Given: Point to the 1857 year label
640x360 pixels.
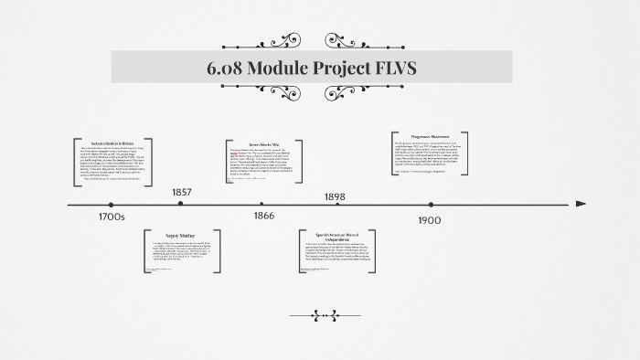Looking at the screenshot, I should click(x=182, y=193).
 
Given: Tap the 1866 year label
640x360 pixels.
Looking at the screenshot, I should click(x=263, y=217).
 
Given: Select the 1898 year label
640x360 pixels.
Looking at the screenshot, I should click(x=335, y=196).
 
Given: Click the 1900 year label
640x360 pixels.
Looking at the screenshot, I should click(x=430, y=220).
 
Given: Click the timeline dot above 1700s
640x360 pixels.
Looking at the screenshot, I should click(x=111, y=205).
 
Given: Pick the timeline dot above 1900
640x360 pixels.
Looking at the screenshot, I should click(x=430, y=205).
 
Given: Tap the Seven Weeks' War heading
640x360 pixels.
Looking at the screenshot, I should click(x=263, y=144).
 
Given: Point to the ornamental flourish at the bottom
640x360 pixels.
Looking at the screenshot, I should click(x=320, y=316).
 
